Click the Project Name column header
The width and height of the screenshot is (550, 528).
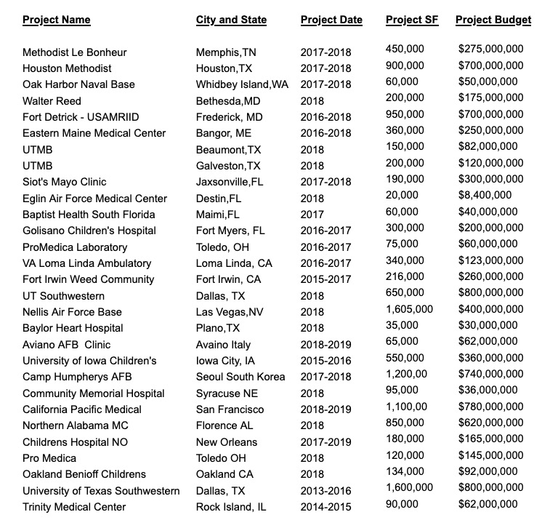pos(57,20)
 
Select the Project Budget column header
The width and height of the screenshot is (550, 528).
pos(493,20)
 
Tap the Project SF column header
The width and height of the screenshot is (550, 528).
pos(412,20)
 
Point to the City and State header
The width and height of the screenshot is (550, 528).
pos(231,20)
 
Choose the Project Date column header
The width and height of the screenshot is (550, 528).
pos(331,20)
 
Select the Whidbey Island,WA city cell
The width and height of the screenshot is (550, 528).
pos(242,84)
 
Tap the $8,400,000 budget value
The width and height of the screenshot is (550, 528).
pos(485,195)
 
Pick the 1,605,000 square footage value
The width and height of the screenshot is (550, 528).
pos(409,309)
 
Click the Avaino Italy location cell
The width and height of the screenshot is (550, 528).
pos(223,345)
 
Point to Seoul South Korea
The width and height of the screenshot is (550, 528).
pos(240,377)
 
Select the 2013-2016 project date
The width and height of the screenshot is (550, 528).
pos(325,491)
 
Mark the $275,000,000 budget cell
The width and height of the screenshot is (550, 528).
pos(491,49)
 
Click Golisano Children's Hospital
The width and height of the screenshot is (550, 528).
pos(89,231)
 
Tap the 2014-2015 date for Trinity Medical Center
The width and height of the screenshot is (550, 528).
pos(325,507)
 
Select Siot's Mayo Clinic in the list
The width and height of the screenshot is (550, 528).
pos(65,182)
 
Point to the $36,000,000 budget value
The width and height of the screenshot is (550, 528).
pos(488,391)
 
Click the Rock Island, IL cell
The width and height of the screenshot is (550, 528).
pos(231,507)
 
